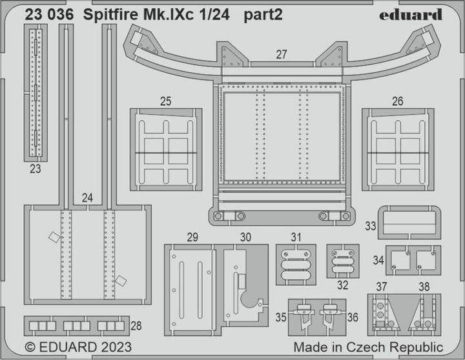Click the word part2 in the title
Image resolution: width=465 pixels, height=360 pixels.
[263, 15]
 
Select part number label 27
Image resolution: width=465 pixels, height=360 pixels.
[281, 55]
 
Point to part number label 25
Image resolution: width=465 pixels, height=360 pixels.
[166, 101]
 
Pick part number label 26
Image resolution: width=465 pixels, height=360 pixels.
[397, 101]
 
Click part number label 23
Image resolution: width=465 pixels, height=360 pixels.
[35, 170]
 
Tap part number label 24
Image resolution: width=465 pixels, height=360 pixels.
[87, 199]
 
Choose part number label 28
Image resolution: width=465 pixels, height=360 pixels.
[136, 326]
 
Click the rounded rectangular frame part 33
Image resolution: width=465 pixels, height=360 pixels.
[408, 223]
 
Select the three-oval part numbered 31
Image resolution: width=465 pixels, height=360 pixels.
[296, 265]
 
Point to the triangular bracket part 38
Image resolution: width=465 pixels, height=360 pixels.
[422, 314]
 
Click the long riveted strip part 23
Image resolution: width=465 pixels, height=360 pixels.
[36, 93]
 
